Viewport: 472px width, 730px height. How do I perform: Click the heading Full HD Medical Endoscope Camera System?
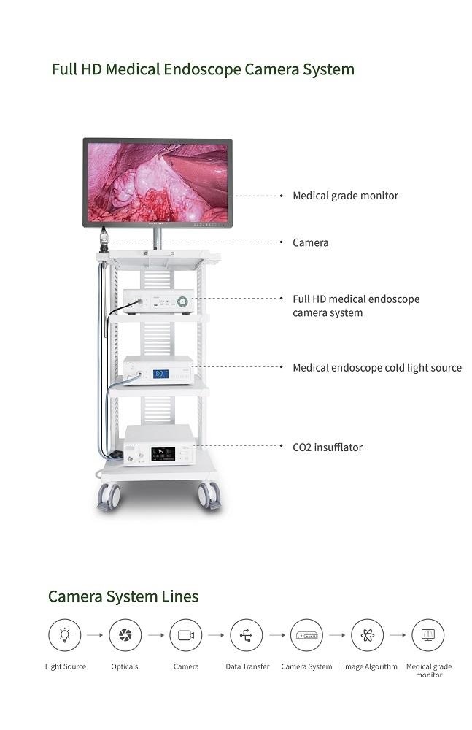(x=202, y=69)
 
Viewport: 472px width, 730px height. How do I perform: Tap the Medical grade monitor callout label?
(x=345, y=196)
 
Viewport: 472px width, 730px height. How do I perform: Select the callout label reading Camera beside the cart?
(x=310, y=242)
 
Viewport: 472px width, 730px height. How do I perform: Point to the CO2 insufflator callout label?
(x=327, y=447)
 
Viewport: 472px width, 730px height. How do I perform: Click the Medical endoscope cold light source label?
(x=376, y=367)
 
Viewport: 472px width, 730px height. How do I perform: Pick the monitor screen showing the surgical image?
(x=157, y=182)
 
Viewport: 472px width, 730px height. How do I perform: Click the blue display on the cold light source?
(x=160, y=373)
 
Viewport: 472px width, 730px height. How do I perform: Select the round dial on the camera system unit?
(x=182, y=301)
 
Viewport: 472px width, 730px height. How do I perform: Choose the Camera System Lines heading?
(x=123, y=596)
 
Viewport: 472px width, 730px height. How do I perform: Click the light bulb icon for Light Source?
(x=65, y=635)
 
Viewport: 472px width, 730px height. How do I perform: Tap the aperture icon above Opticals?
(x=125, y=635)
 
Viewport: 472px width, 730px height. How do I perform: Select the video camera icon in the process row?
(x=185, y=635)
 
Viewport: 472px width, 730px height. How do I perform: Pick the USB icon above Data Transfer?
(x=246, y=635)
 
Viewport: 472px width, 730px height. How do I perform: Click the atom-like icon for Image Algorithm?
(x=367, y=635)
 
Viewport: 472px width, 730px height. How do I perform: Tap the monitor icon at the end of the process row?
(x=427, y=635)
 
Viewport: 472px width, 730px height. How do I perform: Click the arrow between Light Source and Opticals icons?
(x=95, y=635)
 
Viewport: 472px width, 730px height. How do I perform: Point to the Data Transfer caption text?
(x=247, y=666)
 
